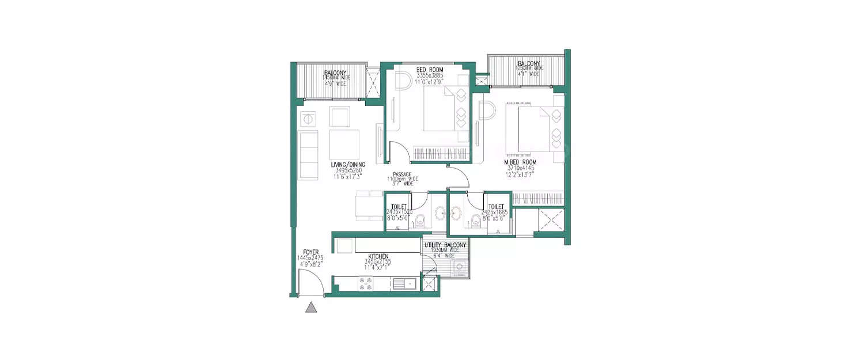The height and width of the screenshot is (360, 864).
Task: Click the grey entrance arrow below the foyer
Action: [x=311, y=308]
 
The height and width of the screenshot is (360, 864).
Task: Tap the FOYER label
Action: [x=308, y=252]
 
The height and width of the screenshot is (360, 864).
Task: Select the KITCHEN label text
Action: [x=377, y=256]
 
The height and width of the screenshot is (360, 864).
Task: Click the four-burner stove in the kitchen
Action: [x=366, y=283]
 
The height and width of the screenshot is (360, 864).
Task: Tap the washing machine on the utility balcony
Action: [x=459, y=267]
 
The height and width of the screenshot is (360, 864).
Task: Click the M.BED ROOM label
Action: [x=520, y=162]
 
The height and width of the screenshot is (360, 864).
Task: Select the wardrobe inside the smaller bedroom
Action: [x=440, y=153]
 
